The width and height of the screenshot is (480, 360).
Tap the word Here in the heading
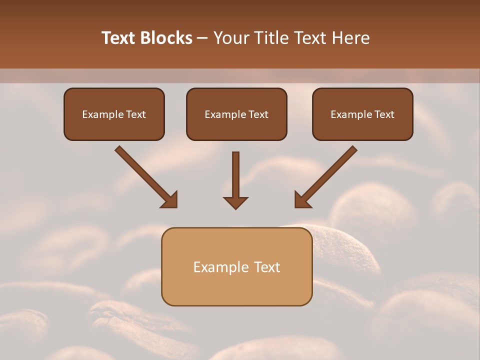pos(350,38)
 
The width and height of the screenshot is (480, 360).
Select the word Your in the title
pos(231,38)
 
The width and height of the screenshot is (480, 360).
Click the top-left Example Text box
pos(114,114)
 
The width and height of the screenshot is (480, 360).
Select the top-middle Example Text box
pos(236,114)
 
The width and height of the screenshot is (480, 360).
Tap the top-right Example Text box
pos(362,114)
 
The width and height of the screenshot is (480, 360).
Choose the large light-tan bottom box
pos(236,266)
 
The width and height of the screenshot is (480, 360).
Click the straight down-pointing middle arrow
pos(235,177)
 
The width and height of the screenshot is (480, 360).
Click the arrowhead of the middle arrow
pos(235,202)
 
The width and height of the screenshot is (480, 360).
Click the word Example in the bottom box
pos(221,267)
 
